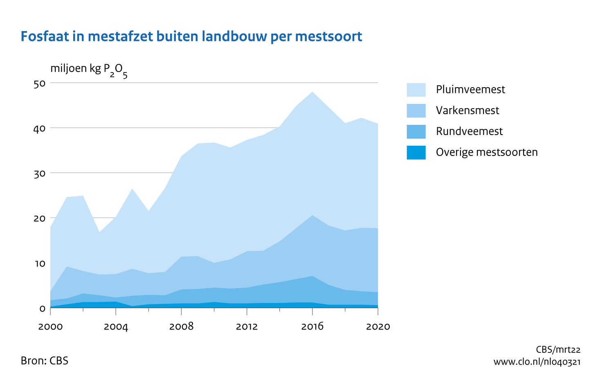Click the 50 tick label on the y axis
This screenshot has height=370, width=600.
[40, 83]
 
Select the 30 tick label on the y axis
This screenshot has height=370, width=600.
[40, 174]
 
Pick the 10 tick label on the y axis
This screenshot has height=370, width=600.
[40, 264]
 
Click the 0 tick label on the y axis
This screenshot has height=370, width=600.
[43, 308]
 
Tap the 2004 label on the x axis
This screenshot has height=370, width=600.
[116, 327]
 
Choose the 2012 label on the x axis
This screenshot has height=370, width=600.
[247, 327]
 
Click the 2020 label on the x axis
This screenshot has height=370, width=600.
[378, 327]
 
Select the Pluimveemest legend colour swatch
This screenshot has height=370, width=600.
[416, 90]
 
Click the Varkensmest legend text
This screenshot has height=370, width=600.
[467, 111]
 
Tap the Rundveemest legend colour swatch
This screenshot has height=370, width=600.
[416, 131]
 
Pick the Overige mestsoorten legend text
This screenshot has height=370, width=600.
[487, 152]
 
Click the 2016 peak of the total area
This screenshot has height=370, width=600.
[312, 92]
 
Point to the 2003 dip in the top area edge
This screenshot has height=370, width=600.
[99, 232]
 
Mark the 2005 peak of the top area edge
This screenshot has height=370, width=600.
[132, 189]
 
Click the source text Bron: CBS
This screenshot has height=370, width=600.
[45, 361]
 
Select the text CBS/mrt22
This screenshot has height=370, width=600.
[558, 350]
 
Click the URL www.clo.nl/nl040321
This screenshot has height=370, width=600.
[537, 361]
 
